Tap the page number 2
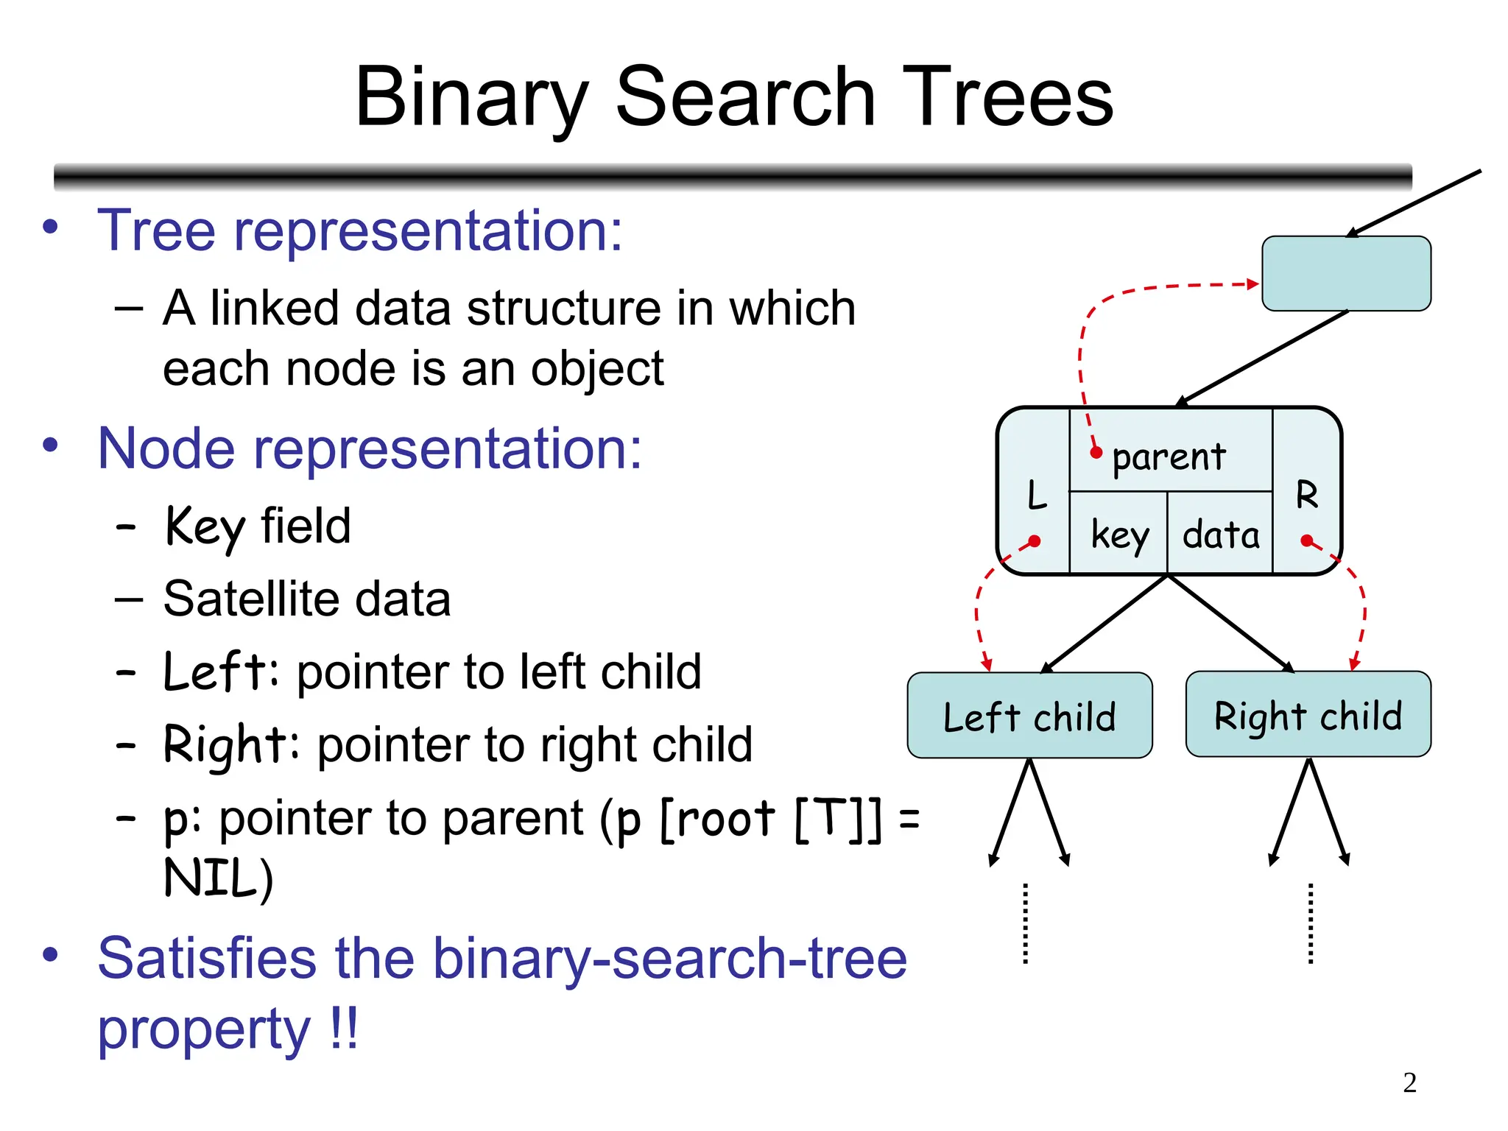[x=1409, y=1082]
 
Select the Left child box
[x=1029, y=716]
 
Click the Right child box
[x=1308, y=714]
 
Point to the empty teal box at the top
[x=1346, y=273]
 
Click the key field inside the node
[x=1119, y=534]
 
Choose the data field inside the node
[x=1221, y=534]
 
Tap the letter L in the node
[x=1037, y=495]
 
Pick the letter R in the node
[x=1307, y=494]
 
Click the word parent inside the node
[x=1169, y=457]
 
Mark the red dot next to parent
[x=1096, y=452]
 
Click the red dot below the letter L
[x=1035, y=541]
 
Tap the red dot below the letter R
[x=1307, y=541]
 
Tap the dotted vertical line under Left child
[x=1026, y=923]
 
